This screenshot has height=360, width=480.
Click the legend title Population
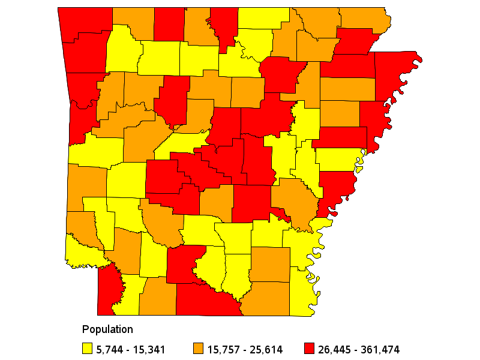click(107, 329)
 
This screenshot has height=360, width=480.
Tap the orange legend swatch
click(198, 349)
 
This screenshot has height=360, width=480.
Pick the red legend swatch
click(309, 349)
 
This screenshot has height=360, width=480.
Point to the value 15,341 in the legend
click(149, 349)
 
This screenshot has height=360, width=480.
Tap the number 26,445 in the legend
click(335, 349)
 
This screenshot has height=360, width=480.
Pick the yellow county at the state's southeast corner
click(303, 294)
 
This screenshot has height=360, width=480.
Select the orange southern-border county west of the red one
click(158, 296)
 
